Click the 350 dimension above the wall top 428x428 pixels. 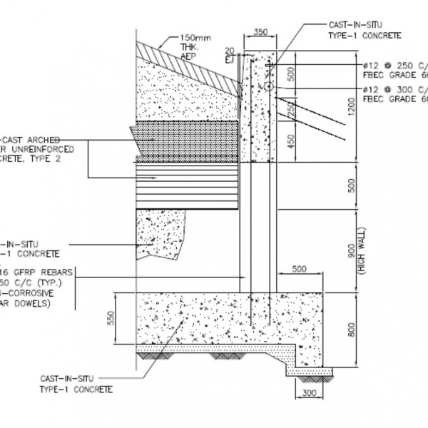click(260, 32)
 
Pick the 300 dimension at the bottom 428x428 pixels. click(307, 392)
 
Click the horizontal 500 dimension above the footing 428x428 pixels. click(299, 269)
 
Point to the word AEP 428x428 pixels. click(187, 53)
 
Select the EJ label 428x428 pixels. click(229, 59)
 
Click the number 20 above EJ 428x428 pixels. click(228, 51)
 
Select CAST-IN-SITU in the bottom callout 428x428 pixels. click(65, 378)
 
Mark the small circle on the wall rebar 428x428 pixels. click(268, 86)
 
